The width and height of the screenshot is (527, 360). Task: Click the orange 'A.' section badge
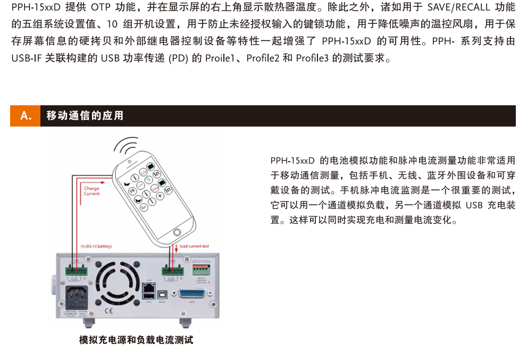point(25,116)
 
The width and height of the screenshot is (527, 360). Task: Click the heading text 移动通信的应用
point(85,116)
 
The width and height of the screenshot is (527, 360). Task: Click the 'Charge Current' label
point(91,191)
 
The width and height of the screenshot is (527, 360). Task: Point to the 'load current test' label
point(194,246)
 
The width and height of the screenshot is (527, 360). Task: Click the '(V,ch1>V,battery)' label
point(96,246)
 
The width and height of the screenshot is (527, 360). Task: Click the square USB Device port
point(162,293)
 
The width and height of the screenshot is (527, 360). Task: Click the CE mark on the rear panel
point(107,311)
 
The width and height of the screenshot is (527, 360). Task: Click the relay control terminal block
point(200,269)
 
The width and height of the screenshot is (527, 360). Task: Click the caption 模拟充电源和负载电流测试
point(136,340)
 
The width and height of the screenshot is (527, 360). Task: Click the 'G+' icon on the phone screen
point(144,207)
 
